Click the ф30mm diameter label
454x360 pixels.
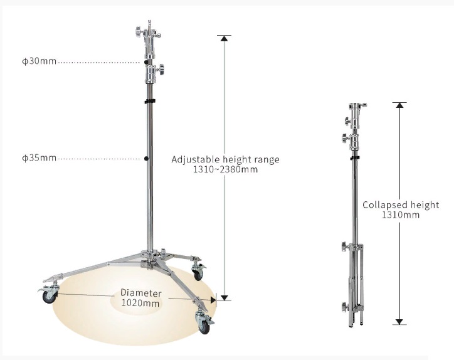coord(39,61)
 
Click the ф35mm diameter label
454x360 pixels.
coord(39,158)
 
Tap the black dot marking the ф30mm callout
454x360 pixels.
coord(146,62)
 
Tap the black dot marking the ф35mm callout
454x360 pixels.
coord(146,159)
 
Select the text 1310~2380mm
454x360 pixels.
coord(225,169)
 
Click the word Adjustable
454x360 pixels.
coord(196,159)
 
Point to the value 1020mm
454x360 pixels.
coord(140,303)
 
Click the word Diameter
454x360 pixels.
coord(141,293)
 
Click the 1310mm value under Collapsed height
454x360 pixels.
coord(401,215)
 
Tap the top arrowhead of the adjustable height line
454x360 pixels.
coord(224,38)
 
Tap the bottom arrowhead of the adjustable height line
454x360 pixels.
coord(224,298)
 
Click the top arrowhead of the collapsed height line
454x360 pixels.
coord(400,105)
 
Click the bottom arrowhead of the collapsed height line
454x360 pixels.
coord(399,322)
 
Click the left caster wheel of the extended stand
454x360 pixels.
coord(49,297)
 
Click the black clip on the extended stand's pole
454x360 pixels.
coord(150,101)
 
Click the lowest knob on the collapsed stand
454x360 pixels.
coord(344,307)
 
